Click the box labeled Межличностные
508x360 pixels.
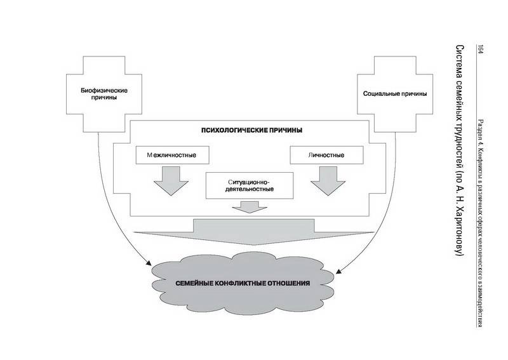click(172, 155)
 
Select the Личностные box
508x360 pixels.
click(326, 155)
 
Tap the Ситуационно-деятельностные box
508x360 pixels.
click(250, 185)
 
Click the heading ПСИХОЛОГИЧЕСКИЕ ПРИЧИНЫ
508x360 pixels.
click(251, 130)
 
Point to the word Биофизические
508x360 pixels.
click(104, 90)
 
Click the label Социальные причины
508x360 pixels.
click(395, 94)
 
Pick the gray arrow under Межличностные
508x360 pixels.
click(171, 181)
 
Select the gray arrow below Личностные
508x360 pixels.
click(328, 181)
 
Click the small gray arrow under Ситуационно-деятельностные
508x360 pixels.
click(250, 207)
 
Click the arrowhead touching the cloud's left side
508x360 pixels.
click(149, 263)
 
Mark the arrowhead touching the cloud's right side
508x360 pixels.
click(338, 271)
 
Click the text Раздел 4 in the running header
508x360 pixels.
click(481, 132)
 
